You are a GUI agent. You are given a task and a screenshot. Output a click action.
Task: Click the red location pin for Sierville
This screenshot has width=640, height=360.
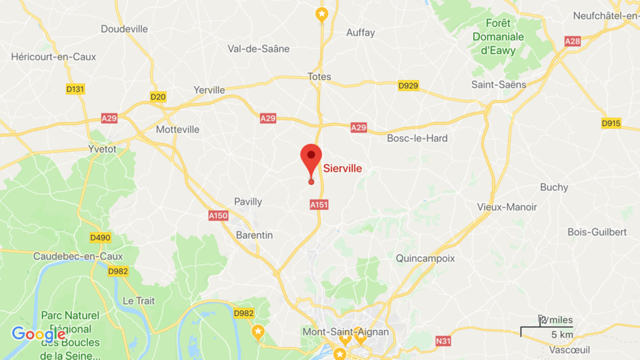coord(311,159)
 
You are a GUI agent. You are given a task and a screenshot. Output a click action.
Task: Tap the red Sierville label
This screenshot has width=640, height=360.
coord(343,169)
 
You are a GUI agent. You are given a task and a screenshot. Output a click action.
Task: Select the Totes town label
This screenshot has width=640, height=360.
coord(319,77)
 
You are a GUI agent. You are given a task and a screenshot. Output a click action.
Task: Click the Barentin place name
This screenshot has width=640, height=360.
coord(255,235)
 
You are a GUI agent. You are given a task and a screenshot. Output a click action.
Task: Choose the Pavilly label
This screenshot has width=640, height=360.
coord(248,201)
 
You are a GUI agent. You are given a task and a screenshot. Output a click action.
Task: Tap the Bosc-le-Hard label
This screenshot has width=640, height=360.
coord(417,138)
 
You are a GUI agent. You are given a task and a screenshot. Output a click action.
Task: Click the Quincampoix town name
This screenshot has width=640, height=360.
coord(425,257)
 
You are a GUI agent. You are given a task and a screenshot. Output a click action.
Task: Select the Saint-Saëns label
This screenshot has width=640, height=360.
coord(499,85)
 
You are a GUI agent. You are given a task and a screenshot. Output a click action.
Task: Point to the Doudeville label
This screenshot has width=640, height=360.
coord(124,29)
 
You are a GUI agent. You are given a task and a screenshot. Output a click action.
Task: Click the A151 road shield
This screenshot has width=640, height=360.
coord(319,205)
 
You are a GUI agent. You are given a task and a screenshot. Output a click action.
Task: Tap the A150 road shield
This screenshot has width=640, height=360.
coord(218,215)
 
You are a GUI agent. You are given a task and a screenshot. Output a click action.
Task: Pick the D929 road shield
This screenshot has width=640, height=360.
coord(408,85)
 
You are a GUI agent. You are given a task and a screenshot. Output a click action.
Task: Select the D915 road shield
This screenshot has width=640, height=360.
coord(611,123)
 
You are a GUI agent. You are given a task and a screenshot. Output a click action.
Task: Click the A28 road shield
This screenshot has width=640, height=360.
coord(572,41)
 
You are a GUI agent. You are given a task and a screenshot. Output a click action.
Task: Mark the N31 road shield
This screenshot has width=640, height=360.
coord(443,341)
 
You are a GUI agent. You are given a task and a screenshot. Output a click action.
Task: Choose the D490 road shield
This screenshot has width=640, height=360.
coord(100,237)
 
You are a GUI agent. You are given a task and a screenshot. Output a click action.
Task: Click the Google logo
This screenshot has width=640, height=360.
coord(38,334)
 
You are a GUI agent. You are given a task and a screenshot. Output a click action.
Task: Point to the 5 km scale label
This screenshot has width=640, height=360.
coord(561,334)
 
